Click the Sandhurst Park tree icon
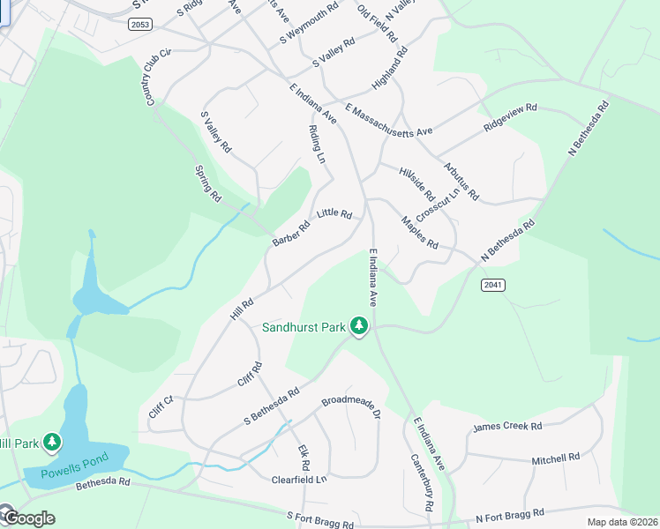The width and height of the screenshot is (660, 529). tap(358, 326)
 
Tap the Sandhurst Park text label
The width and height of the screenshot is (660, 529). tap(304, 327)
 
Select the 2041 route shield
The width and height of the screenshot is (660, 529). tap(493, 286)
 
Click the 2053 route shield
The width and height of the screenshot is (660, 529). tap(139, 25)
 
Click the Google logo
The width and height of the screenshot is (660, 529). tap(28, 518)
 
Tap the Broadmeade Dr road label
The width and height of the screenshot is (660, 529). tap(350, 406)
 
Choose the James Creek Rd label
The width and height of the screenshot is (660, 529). tap(507, 427)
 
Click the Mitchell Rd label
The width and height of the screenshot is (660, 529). tap(555, 458)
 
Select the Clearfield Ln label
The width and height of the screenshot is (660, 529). tap(299, 480)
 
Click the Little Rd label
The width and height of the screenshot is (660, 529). tap(334, 213)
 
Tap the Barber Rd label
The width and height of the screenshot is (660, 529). tap(291, 234)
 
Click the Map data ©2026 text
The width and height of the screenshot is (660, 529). tap(621, 522)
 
